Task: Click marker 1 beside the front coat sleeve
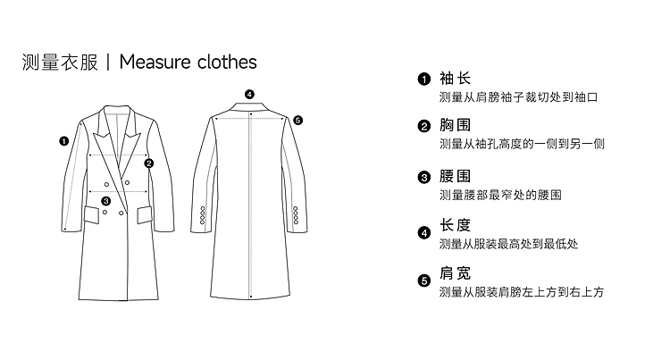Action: [x=63, y=140]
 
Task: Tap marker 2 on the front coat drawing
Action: [x=149, y=163]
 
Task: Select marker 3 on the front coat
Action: [x=106, y=201]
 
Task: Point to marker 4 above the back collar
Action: [x=249, y=94]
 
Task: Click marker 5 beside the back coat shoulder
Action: [x=297, y=120]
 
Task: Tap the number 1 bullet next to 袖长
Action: [x=424, y=79]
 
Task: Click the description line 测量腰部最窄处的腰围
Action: [x=500, y=195]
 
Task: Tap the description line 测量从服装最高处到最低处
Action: [x=508, y=244]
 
